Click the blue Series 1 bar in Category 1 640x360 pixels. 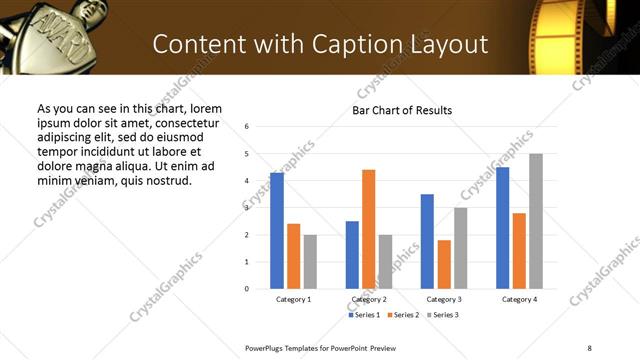pos(277,231)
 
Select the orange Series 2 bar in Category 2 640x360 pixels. pos(368,229)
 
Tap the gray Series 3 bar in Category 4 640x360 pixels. pos(536,221)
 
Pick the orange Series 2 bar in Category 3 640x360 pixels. pos(444,264)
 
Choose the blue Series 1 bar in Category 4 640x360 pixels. pos(502,228)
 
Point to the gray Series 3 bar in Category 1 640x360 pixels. pos(310,262)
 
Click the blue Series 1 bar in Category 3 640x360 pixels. pos(427,241)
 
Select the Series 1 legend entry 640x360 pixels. pos(364,315)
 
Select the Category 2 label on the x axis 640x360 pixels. pos(368,299)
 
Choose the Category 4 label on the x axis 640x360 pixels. pos(519,299)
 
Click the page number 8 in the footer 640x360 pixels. pos(589,347)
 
